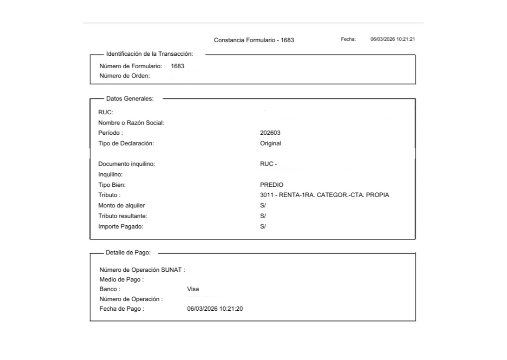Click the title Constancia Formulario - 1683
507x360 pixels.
254,40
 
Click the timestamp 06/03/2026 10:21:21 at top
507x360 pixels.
392,39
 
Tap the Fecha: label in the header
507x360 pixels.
348,39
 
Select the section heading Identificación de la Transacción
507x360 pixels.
149,54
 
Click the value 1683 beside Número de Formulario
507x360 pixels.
178,66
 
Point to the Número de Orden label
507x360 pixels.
125,76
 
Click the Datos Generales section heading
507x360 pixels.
130,99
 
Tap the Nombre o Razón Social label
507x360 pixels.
131,123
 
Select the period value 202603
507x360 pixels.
270,133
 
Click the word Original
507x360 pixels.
270,143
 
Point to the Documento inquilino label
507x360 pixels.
126,164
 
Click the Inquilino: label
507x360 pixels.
110,174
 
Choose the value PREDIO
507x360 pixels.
271,185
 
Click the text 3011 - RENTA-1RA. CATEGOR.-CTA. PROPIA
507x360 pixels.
324,195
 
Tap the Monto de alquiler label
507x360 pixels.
122,206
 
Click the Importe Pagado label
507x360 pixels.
121,227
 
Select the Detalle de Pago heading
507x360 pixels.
128,253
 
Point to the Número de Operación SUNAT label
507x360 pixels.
142,270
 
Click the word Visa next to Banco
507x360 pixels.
193,289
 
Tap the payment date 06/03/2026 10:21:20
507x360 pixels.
215,309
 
